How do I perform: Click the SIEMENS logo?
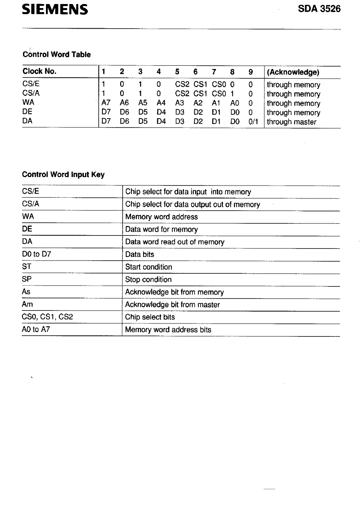(55, 9)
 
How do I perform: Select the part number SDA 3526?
(319, 9)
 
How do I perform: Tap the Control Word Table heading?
(56, 54)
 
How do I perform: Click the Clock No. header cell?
(40, 72)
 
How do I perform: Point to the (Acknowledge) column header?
(293, 72)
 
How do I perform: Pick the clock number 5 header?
(177, 72)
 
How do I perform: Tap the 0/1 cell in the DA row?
(253, 122)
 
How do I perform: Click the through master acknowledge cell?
(291, 122)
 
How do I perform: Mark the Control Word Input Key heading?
(63, 175)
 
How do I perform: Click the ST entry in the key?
(27, 267)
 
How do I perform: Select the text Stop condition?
(148, 280)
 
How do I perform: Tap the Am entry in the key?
(28, 305)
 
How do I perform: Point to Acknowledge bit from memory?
(174, 292)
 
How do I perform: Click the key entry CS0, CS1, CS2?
(48, 317)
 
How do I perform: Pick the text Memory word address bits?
(168, 330)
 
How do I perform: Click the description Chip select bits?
(150, 317)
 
